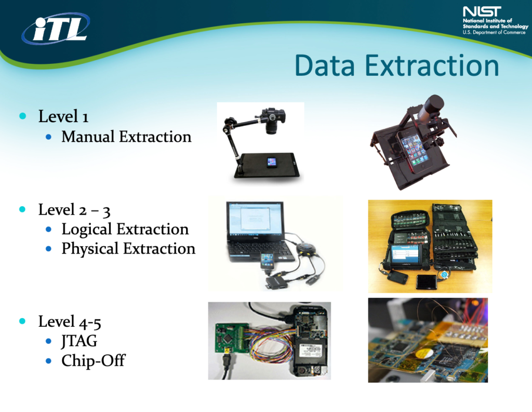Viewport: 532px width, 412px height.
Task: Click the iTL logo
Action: point(56,29)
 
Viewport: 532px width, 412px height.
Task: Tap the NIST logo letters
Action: point(482,11)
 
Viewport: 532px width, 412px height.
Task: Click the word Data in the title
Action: point(325,65)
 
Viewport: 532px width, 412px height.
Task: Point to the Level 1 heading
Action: point(63,116)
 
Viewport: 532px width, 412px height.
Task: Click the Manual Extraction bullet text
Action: point(126,137)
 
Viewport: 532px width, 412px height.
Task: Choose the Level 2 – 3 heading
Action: point(74,210)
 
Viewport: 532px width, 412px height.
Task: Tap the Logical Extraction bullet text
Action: point(125,229)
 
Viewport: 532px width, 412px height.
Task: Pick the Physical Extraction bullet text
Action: point(128,249)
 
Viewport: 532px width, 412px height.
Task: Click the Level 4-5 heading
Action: point(70,322)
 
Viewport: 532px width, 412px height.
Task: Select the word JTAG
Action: point(79,341)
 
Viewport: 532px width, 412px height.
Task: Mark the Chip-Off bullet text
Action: point(94,361)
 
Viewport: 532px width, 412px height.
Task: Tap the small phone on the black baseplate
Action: point(271,162)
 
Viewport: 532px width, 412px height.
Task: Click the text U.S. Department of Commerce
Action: point(494,32)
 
